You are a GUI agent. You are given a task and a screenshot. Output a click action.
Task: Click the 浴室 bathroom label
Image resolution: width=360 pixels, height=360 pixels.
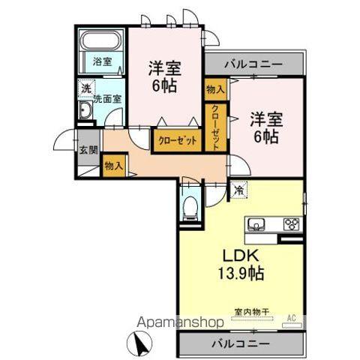click(x=103, y=61)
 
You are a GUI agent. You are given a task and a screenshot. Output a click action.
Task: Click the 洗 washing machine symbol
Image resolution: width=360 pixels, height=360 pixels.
click(x=86, y=88)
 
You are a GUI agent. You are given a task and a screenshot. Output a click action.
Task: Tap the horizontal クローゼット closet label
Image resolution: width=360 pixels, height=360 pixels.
click(x=178, y=140)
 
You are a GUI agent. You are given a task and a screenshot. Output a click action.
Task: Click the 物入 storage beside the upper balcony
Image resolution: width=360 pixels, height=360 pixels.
click(x=215, y=88)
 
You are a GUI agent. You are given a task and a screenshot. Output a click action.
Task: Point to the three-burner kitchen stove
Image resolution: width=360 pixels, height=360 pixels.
click(x=291, y=223)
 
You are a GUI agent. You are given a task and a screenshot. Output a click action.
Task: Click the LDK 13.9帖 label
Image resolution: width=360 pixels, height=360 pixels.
click(x=240, y=262)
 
